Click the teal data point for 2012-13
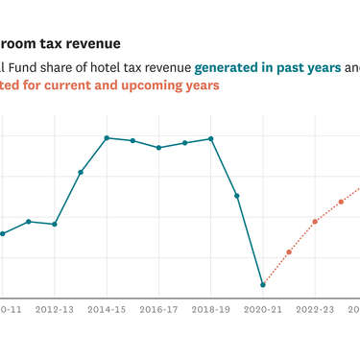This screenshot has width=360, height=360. tap(55, 224)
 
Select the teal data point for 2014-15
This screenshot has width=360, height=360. tap(107, 138)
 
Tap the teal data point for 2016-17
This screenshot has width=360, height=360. tap(158, 148)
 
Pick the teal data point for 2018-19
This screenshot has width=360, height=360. tap(210, 139)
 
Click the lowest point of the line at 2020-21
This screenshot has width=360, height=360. tap(263, 284)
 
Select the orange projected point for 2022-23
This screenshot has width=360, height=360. tap(315, 221)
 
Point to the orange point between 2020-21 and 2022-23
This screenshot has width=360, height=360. tap(289, 252)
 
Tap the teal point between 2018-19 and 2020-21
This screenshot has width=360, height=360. tap(236, 195)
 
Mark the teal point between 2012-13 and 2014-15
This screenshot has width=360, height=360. tap(81, 172)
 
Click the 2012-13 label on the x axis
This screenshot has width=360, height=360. tap(55, 310)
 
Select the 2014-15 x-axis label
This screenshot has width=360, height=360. tap(107, 310)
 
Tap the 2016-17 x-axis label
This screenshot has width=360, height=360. tap(158, 310)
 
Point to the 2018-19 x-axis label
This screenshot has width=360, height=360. tap(210, 310)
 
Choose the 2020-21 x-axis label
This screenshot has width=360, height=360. tap(263, 310)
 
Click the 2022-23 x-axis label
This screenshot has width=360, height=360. tap(315, 310)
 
